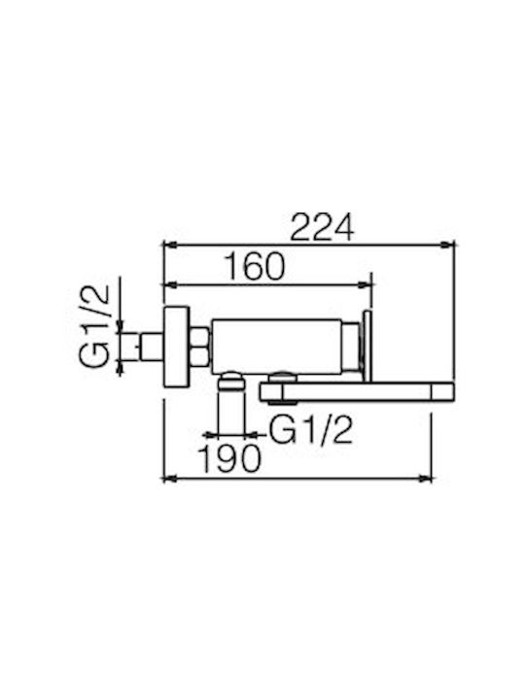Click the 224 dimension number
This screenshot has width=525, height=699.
(322, 227)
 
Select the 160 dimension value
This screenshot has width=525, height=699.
(254, 267)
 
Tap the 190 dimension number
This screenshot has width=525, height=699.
(229, 458)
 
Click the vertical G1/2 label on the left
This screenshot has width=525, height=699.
(95, 325)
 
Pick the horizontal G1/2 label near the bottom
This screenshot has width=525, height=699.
(311, 430)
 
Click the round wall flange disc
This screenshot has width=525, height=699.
(177, 348)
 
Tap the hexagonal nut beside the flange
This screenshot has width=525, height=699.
(199, 347)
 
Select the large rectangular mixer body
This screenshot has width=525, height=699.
(276, 347)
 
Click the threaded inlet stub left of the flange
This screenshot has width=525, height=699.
(153, 347)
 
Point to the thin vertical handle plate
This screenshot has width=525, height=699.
(367, 346)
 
